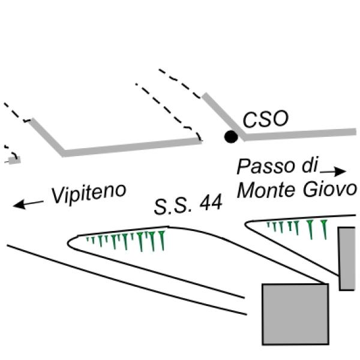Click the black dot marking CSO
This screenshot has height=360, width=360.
tap(230, 137)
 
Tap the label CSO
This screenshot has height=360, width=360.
tap(266, 119)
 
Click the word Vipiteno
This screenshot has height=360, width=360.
tap(89, 194)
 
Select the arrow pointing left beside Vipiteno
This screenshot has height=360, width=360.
tap(28, 204)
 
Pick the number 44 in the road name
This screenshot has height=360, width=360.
tap(210, 203)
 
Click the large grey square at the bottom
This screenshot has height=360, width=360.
tap(296, 313)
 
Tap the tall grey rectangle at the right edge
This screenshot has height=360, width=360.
tap(347, 258)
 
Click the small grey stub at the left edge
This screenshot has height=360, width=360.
tap(13, 160)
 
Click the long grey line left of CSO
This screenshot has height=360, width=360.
tap(132, 146)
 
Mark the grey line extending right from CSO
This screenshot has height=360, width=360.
tap(300, 133)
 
